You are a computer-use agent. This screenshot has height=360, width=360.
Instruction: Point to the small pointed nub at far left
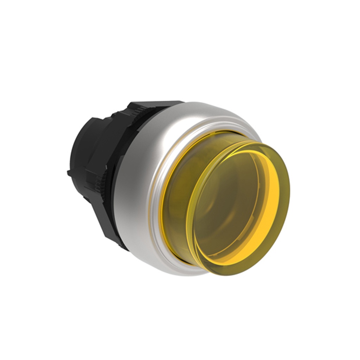pos(69,173)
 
